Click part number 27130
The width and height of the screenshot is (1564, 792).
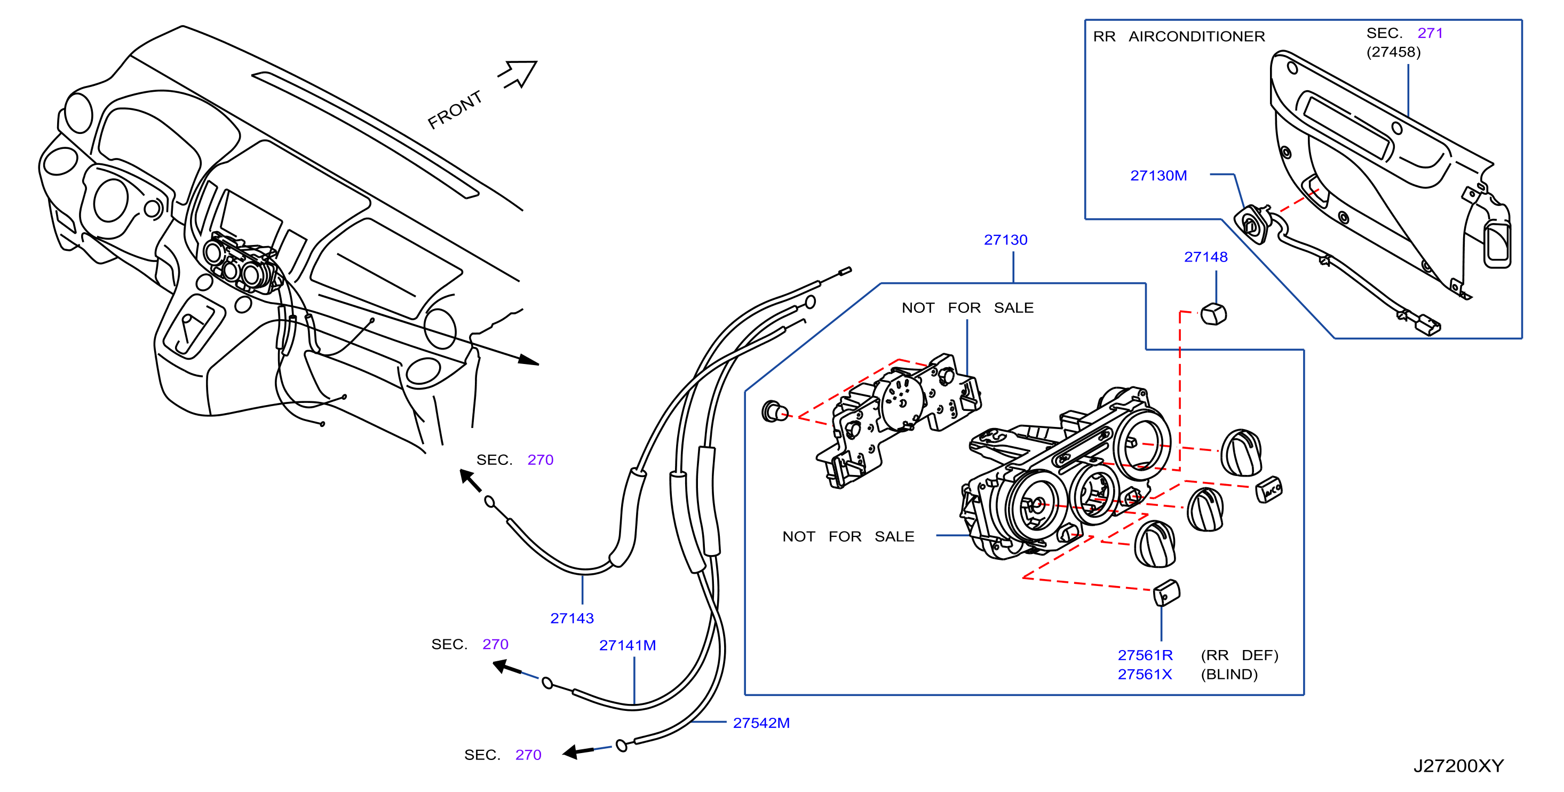click(x=1005, y=240)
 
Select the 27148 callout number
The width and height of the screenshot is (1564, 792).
click(x=1206, y=257)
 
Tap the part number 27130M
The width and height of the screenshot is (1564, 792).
click(x=1158, y=176)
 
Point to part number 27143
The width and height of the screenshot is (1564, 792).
click(x=572, y=619)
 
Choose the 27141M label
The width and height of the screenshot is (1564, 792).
click(x=627, y=645)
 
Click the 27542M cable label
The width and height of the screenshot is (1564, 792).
click(x=761, y=723)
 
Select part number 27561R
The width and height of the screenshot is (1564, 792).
click(x=1145, y=655)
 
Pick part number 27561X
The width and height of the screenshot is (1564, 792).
click(x=1145, y=674)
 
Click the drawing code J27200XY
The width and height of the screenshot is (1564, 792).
click(x=1458, y=766)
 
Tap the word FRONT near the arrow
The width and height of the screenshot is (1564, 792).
click(x=455, y=110)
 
